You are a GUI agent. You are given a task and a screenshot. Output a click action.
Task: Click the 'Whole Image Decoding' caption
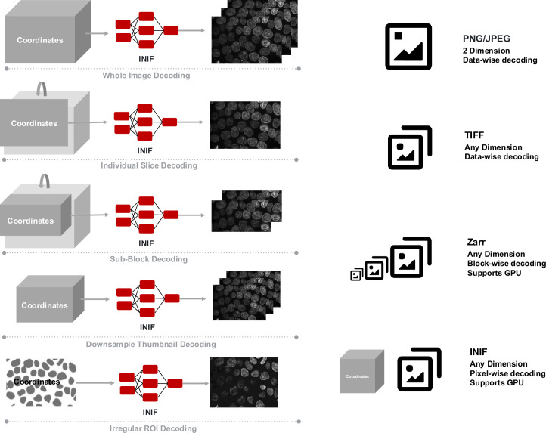(x=146, y=76)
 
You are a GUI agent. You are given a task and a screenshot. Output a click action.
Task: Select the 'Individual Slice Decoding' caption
(x=149, y=165)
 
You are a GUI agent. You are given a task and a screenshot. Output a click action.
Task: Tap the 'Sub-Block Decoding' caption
(x=149, y=259)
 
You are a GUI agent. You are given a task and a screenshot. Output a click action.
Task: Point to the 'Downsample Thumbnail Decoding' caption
(x=150, y=345)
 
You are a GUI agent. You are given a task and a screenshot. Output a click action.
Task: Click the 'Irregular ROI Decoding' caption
(x=153, y=428)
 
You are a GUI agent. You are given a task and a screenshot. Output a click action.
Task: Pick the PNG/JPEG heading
(x=486, y=39)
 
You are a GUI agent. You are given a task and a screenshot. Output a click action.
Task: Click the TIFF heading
(x=474, y=135)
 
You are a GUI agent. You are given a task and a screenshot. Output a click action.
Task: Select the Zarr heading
(x=476, y=242)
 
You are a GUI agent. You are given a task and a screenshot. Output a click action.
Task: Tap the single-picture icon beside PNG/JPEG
(x=408, y=47)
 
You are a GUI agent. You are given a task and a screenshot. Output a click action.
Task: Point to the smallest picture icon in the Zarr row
(x=356, y=275)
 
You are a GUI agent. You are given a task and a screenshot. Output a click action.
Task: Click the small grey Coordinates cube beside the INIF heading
(x=361, y=372)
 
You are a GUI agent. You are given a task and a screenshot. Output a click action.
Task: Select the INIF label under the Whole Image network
(x=146, y=59)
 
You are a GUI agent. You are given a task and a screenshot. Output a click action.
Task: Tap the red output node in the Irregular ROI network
(x=175, y=383)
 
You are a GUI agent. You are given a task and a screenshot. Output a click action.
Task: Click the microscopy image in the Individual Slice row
(x=245, y=125)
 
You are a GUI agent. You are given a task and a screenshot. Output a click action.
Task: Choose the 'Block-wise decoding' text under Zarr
(x=507, y=264)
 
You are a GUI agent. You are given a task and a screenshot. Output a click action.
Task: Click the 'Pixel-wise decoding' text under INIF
(x=507, y=373)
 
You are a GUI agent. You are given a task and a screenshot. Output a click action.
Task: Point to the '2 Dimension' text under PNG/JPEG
(x=486, y=51)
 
